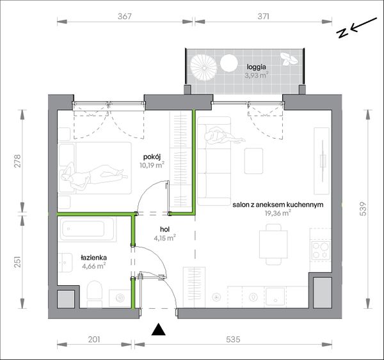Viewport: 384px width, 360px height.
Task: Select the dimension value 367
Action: point(125,17)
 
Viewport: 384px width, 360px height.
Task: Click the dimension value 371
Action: point(263,17)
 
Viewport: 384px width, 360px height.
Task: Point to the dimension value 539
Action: point(364,208)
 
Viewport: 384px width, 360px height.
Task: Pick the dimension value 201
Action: point(94,340)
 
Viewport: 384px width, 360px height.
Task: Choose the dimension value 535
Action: point(233,340)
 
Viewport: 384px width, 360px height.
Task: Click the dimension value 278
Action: point(18,160)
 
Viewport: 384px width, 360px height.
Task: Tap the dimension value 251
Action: point(18,262)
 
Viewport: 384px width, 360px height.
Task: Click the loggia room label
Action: point(256,67)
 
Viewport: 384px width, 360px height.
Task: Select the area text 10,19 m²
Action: point(152,165)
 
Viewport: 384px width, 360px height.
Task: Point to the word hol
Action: point(164,230)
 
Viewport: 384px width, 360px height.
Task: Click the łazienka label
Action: point(94,258)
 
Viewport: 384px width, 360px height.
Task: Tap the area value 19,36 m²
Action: point(278,213)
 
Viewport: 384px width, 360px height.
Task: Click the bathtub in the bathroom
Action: point(87,229)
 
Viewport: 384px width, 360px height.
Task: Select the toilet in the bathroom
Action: point(95,293)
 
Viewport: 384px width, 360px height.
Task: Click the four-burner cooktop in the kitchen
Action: point(321,251)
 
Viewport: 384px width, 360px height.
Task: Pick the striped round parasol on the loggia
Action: point(204,68)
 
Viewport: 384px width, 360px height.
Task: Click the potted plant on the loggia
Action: point(289,59)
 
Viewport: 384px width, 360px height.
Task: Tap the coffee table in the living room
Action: point(253,160)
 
